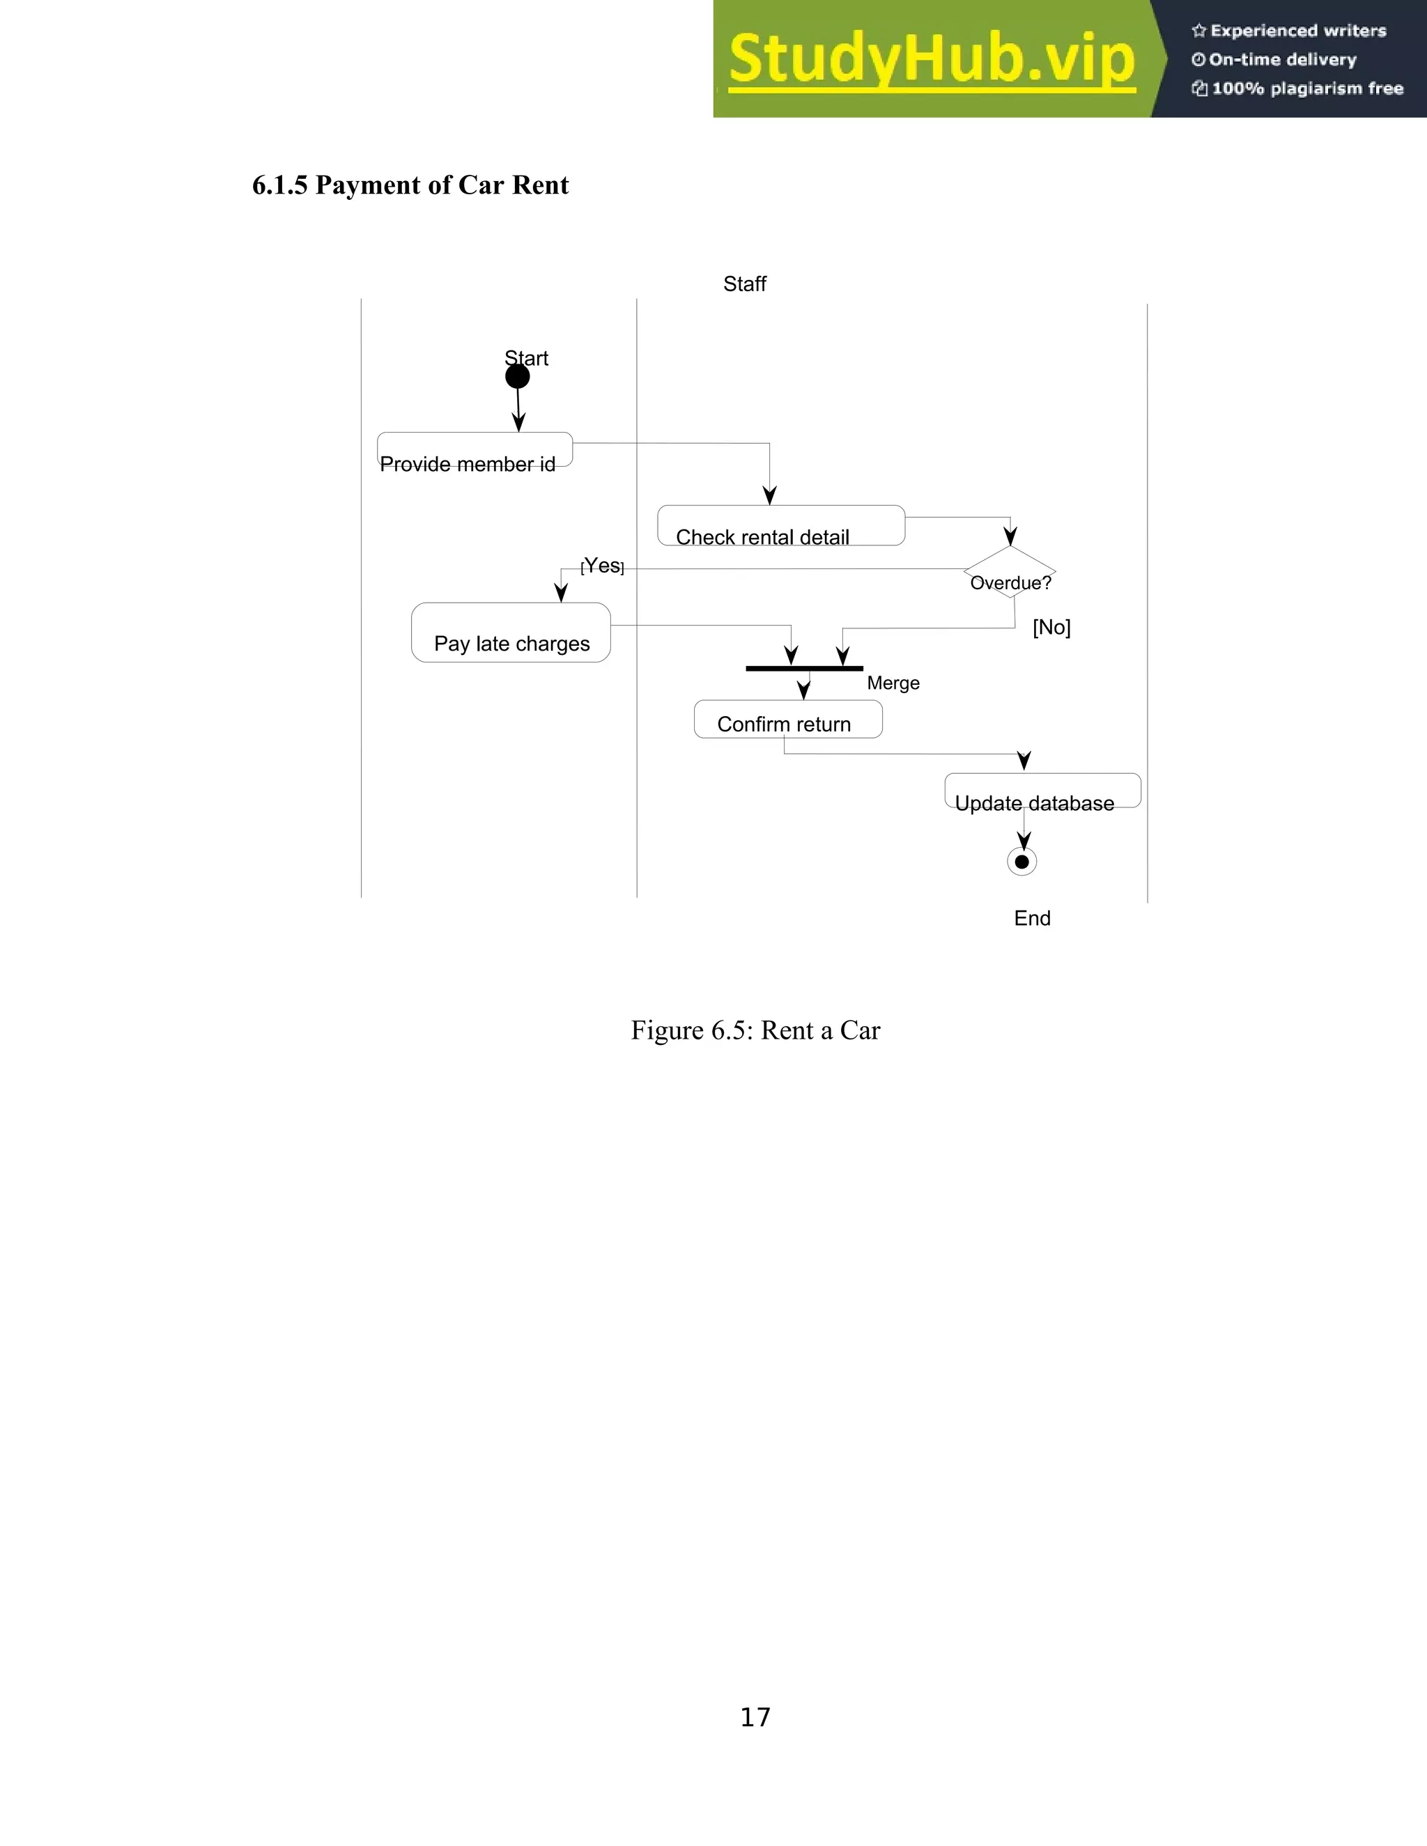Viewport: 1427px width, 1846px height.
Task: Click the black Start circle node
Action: [x=518, y=377]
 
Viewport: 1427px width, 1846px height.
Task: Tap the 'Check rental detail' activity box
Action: [x=780, y=526]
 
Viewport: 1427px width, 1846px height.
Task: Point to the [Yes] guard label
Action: [x=603, y=566]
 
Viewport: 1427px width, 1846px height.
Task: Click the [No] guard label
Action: [x=1051, y=627]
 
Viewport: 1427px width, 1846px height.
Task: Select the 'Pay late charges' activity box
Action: [x=511, y=633]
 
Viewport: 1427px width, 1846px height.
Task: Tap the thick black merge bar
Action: [x=804, y=669]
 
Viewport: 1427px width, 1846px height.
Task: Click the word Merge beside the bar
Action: [x=893, y=683]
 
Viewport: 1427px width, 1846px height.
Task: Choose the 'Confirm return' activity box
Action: [x=788, y=720]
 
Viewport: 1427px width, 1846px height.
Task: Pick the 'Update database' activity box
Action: [x=1042, y=791]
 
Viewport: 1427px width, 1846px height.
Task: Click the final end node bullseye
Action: [x=1022, y=862]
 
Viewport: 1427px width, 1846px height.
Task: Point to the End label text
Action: [x=1032, y=919]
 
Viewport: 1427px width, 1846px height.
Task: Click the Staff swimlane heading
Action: [x=744, y=284]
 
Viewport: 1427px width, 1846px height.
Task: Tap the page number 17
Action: [x=755, y=1716]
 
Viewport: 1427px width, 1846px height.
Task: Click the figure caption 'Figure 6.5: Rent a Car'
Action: [x=755, y=1030]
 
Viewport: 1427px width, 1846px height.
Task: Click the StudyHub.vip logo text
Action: [x=932, y=59]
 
